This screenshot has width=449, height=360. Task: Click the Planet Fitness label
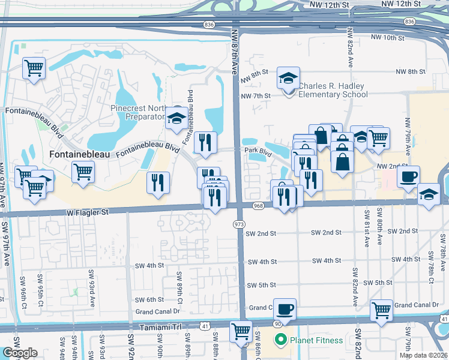click(x=317, y=340)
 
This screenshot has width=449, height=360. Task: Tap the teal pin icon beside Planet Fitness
click(x=279, y=340)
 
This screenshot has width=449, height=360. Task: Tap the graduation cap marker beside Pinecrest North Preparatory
click(x=176, y=118)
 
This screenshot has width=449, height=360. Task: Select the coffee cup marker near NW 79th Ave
click(x=408, y=177)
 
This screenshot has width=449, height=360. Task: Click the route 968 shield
click(x=259, y=206)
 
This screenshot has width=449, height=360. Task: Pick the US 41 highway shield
click(x=205, y=325)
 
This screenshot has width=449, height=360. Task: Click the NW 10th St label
click(x=389, y=37)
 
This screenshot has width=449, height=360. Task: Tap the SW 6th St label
click(x=149, y=299)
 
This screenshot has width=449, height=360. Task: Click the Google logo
click(x=20, y=353)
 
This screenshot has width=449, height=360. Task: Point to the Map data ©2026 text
click(x=423, y=355)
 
